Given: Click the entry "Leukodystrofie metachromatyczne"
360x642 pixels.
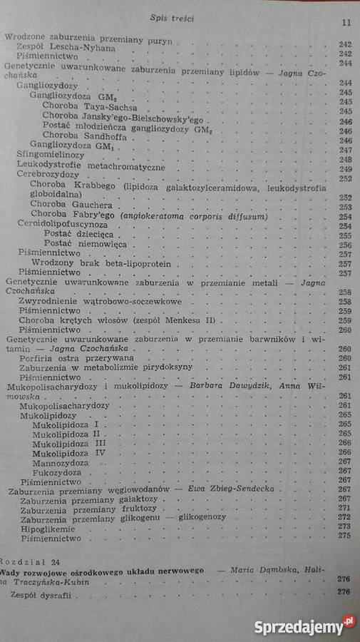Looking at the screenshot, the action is tap(91, 165).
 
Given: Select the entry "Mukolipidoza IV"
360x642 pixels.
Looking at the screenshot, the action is tap(69, 452).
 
